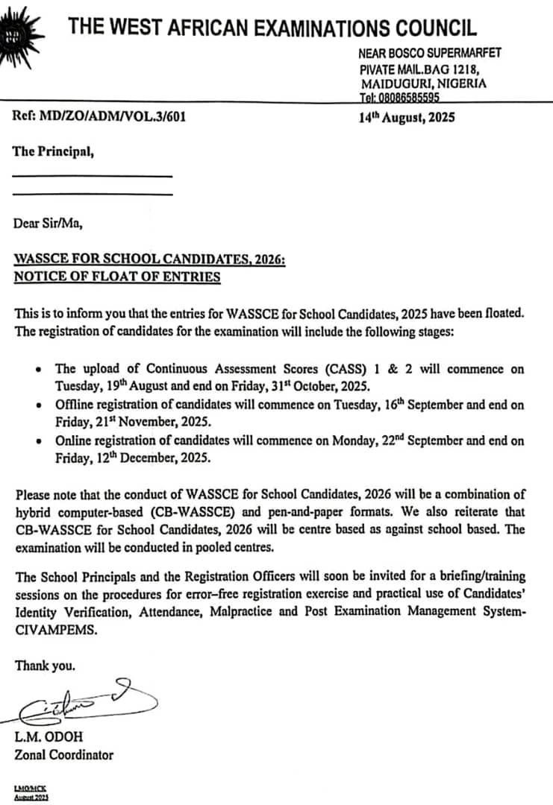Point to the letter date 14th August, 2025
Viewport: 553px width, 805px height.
[406, 117]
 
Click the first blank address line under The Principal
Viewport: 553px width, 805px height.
[93, 177]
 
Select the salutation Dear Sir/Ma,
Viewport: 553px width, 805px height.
[48, 222]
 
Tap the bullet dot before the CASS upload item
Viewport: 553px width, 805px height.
[39, 370]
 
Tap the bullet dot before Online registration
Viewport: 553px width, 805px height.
[39, 442]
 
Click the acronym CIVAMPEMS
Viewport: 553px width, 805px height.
[51, 628]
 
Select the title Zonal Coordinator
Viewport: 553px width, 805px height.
[64, 755]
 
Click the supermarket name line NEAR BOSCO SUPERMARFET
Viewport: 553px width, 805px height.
[430, 52]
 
